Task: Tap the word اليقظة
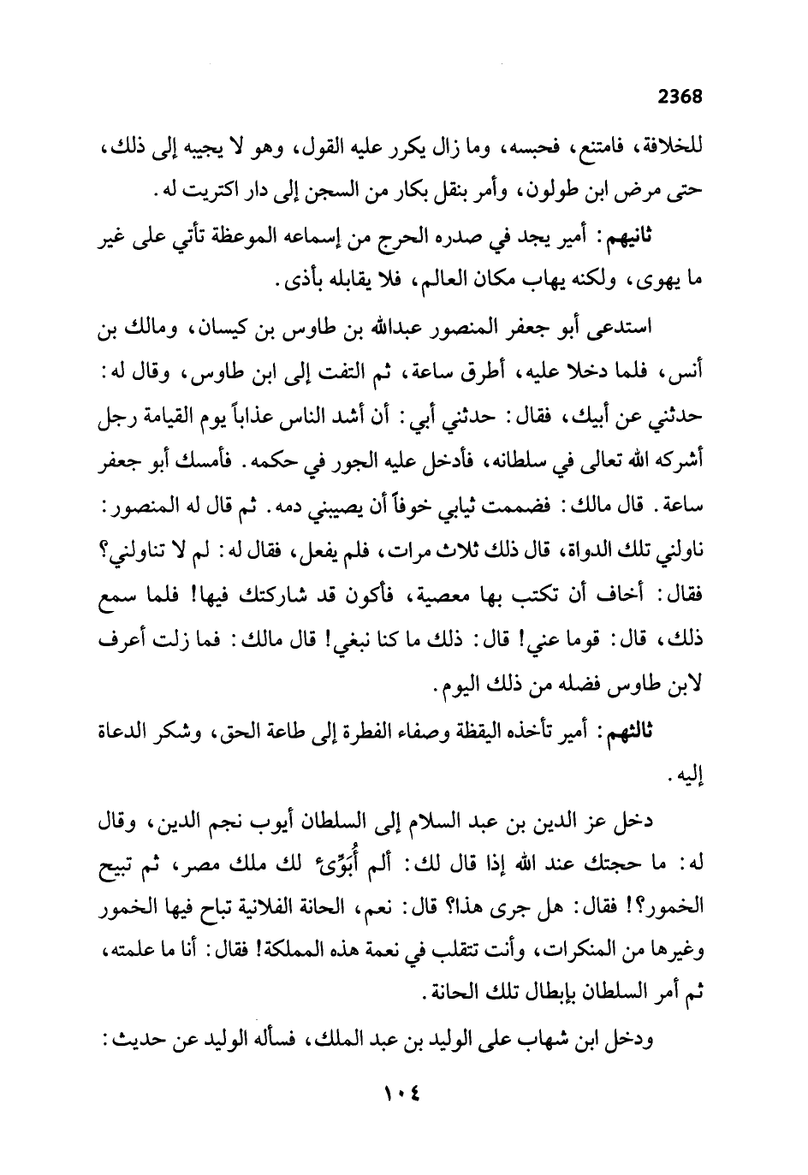coord(503,732)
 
